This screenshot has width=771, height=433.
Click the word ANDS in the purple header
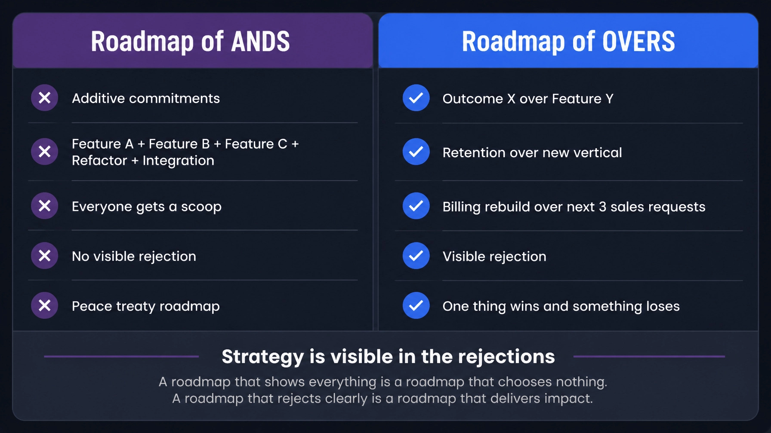261,42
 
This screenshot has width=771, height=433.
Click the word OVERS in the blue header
638,42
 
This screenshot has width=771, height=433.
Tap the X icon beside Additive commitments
44,98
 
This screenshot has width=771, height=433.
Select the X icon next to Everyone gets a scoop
44,206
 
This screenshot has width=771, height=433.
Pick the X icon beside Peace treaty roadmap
44,305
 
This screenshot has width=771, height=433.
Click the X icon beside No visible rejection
44,256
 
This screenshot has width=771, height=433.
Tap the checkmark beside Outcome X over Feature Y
416,98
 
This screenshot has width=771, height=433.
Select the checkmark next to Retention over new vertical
416,152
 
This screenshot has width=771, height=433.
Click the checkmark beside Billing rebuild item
416,206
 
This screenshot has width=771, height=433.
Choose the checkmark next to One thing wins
416,305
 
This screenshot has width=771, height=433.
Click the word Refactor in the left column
99,161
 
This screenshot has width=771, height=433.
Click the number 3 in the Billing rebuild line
602,207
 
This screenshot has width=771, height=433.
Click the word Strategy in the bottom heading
263,357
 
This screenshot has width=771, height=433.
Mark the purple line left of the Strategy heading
121,356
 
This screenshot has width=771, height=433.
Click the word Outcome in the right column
473,99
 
